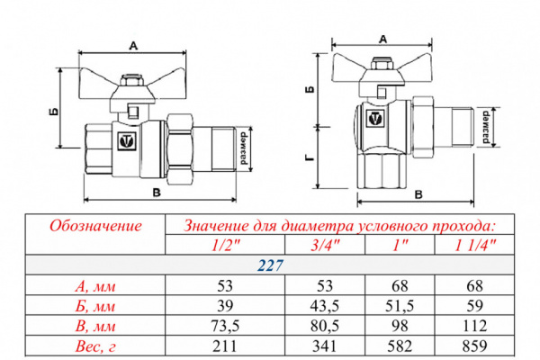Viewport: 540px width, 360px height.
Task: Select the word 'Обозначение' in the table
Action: click(94, 225)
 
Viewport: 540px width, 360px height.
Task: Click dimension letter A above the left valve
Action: click(134, 45)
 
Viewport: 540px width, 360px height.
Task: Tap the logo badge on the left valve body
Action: click(127, 140)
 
